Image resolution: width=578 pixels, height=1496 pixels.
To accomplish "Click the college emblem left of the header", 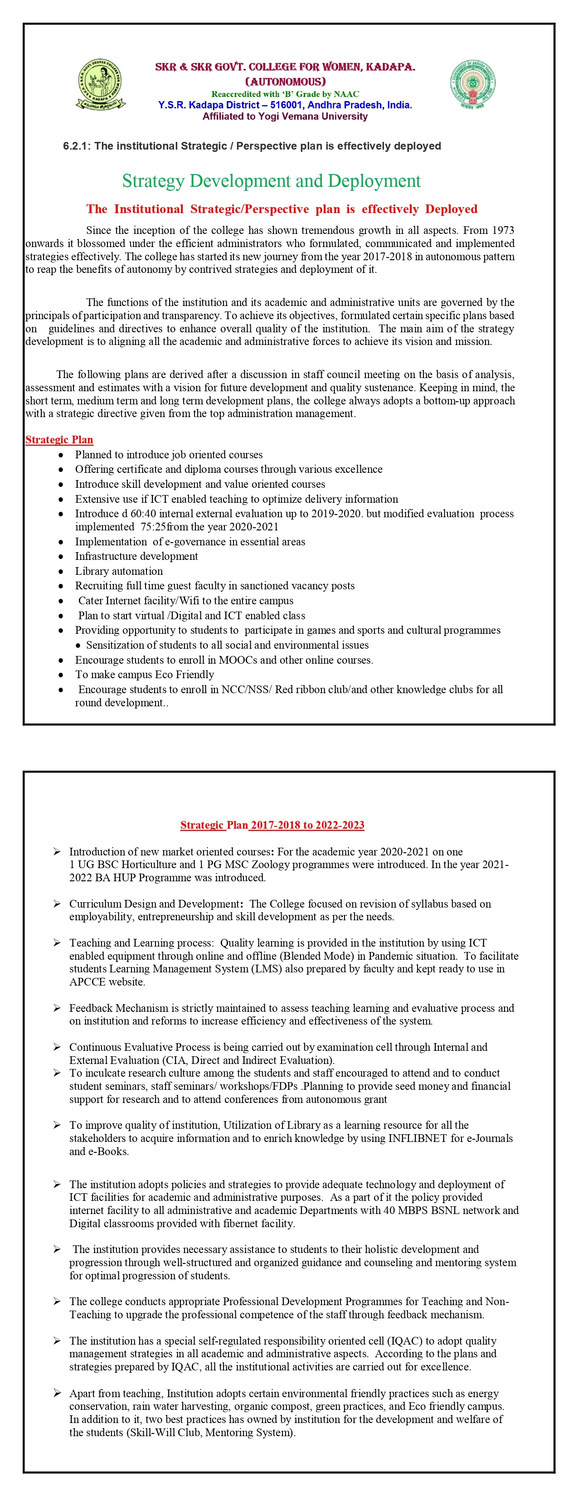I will (101, 85).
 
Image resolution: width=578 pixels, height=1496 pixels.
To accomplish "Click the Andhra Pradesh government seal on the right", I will (472, 84).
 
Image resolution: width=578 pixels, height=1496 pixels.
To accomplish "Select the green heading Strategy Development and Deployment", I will (271, 181).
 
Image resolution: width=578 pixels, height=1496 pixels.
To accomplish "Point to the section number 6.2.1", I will (77, 146).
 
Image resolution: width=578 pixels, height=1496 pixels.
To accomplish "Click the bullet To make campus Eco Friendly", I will (144, 674).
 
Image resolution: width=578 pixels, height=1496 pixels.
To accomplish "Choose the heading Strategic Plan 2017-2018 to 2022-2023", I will (272, 825).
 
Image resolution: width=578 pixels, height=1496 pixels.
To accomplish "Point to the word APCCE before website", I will (87, 981).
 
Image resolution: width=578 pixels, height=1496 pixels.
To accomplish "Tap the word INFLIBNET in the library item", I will (417, 1138).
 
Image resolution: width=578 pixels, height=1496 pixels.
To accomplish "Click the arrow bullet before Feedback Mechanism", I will (57, 1008).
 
